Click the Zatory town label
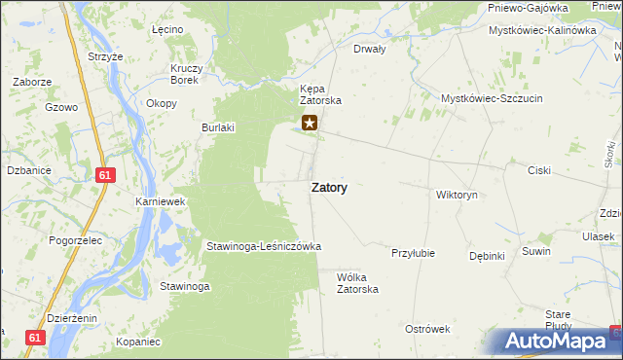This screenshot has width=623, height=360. tap(329, 189)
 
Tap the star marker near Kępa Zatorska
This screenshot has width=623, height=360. tap(310, 123)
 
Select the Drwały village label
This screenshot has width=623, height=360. tap(370, 48)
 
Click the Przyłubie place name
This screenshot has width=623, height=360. tap(412, 253)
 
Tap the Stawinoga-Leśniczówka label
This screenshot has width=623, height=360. tap(263, 247)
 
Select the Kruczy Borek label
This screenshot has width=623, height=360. tap(184, 74)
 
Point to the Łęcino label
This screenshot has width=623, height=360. tap(167, 30)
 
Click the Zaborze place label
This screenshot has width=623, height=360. tap(32, 82)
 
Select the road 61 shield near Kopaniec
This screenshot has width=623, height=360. tap(36, 337)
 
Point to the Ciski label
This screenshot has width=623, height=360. tap(538, 170)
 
